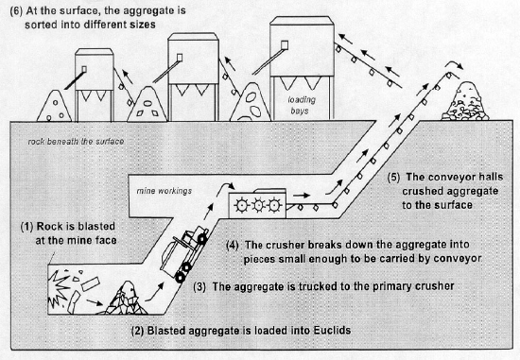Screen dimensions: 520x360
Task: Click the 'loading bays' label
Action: [301, 105]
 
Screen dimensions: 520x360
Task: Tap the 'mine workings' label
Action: [165, 191]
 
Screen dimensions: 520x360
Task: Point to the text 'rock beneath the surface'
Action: [76, 142]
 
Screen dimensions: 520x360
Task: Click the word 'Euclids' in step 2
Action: [332, 331]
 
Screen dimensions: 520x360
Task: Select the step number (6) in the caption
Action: [16, 11]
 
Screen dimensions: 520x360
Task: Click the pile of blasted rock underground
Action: [126, 299]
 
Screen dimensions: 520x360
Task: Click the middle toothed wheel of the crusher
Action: [258, 206]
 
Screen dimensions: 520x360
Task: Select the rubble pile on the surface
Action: [465, 101]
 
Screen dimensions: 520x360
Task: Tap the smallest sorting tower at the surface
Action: [95, 85]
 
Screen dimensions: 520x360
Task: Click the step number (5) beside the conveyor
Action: [393, 178]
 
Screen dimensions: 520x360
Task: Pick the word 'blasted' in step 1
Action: [95, 227]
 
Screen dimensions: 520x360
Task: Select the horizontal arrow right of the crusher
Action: [302, 196]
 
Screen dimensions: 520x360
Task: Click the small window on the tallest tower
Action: [285, 44]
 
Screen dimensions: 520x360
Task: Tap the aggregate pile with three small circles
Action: [55, 106]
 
